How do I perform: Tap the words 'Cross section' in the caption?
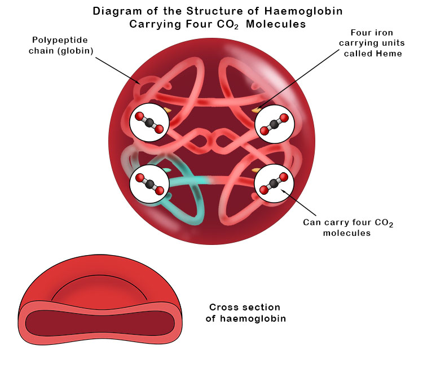point(244,308)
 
